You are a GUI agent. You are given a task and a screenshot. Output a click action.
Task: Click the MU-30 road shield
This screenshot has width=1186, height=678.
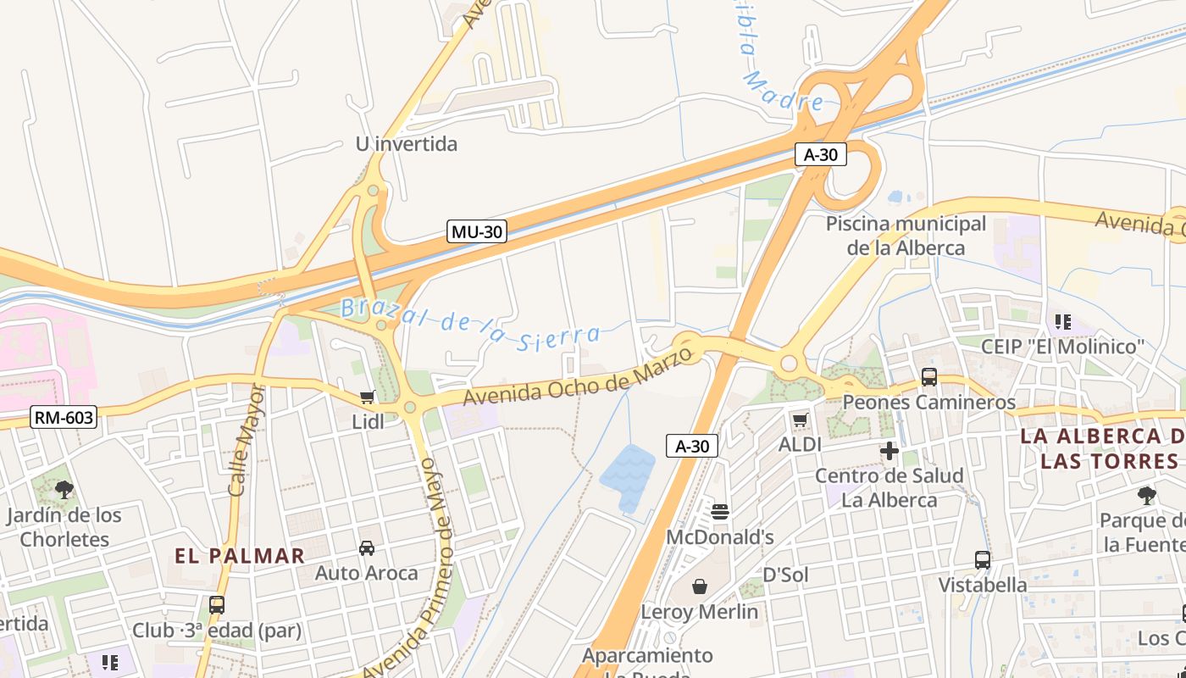pyautogui.click(x=476, y=231)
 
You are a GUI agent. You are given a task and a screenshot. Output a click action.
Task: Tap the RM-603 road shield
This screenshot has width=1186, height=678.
pyautogui.click(x=64, y=417)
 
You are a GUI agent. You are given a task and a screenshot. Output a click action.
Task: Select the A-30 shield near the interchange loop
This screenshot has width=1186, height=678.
pyautogui.click(x=820, y=154)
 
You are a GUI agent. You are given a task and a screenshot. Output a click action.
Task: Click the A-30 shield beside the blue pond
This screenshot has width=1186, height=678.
pyautogui.click(x=692, y=446)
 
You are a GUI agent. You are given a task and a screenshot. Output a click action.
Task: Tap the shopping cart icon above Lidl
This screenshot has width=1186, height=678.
pyautogui.click(x=367, y=397)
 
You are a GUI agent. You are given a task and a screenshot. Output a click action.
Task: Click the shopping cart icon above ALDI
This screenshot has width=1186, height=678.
pyautogui.click(x=800, y=420)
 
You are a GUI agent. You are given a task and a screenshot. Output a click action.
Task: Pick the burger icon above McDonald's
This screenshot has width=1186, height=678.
pyautogui.click(x=720, y=511)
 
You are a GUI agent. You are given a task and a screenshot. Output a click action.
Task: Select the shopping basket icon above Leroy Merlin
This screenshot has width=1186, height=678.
pyautogui.click(x=700, y=586)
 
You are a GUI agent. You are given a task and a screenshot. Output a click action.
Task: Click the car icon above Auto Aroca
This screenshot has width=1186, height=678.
pyautogui.click(x=367, y=548)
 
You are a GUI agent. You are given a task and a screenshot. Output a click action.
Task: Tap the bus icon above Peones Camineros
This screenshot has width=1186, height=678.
pyautogui.click(x=928, y=377)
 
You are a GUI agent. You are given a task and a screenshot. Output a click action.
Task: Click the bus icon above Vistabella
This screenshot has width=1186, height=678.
pyautogui.click(x=982, y=559)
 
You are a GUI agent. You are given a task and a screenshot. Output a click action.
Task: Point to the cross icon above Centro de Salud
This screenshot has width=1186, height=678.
pyautogui.click(x=889, y=451)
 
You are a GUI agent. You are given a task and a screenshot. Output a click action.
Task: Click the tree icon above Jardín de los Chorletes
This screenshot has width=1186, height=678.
pyautogui.click(x=64, y=489)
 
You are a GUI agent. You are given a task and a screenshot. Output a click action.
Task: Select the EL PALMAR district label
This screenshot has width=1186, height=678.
pyautogui.click(x=240, y=556)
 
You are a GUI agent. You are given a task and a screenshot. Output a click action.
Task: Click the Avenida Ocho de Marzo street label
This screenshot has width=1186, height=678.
pyautogui.click(x=578, y=374)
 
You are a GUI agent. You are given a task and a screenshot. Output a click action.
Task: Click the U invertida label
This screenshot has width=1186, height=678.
pyautogui.click(x=406, y=144)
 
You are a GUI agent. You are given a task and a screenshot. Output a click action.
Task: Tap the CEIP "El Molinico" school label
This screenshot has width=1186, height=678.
pyautogui.click(x=1062, y=347)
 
